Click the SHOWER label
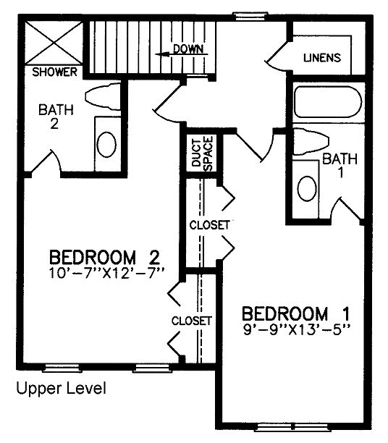(x=54, y=72)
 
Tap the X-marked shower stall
(x=54, y=43)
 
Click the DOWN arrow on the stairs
(x=182, y=54)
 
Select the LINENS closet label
(x=322, y=58)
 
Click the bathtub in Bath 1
(x=328, y=102)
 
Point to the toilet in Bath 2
(x=103, y=96)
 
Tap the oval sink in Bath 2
(x=106, y=144)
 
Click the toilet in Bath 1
(x=311, y=142)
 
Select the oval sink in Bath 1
(x=307, y=188)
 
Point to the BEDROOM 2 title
(x=104, y=258)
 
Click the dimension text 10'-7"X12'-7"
(x=106, y=273)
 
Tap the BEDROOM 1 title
(x=296, y=313)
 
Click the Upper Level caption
(x=62, y=388)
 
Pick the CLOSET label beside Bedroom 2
(x=191, y=321)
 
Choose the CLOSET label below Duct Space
(x=209, y=225)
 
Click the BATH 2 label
(x=56, y=117)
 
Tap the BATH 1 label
(x=340, y=165)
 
